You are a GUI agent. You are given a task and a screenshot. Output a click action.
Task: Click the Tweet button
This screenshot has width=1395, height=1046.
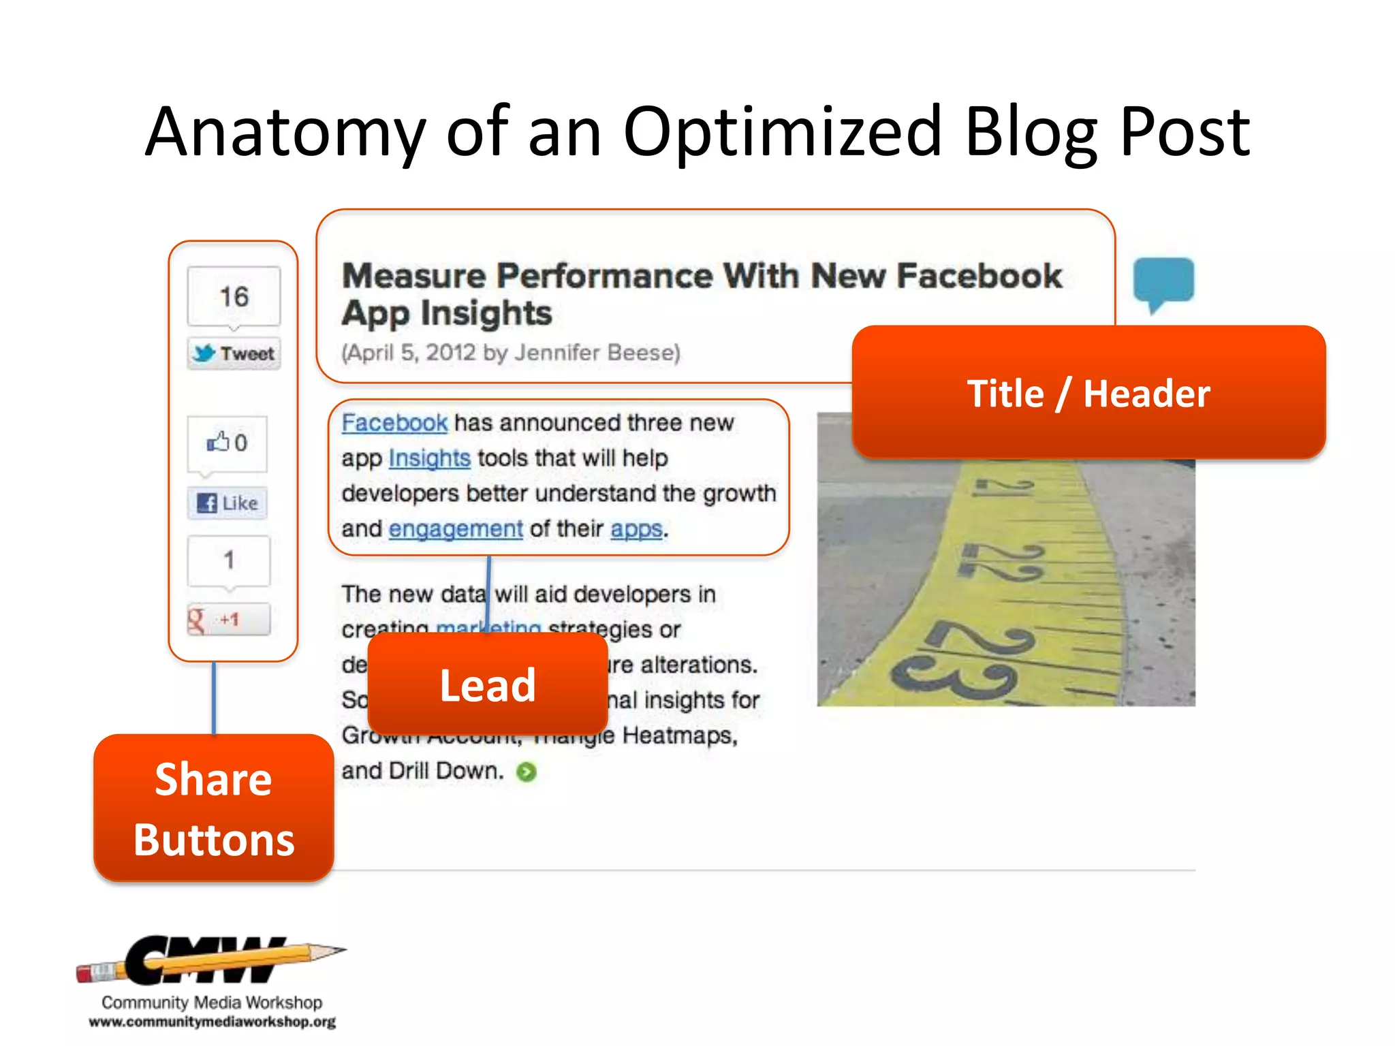(234, 353)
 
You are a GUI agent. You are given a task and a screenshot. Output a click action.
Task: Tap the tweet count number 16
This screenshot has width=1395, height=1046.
(234, 296)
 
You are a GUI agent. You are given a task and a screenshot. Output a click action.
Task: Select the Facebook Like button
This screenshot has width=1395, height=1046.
(228, 503)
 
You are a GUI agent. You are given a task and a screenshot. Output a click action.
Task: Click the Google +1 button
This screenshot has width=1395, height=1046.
(228, 620)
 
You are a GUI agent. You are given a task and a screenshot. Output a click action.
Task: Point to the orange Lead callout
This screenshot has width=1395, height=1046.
(488, 684)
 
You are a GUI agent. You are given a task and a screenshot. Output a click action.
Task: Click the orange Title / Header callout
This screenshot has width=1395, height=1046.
(1088, 393)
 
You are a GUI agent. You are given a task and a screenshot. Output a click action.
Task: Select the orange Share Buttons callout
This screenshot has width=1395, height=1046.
(214, 808)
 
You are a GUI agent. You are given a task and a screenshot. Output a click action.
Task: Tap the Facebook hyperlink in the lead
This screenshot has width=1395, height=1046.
(394, 423)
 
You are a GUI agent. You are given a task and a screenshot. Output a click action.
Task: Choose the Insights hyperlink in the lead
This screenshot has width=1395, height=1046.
(429, 458)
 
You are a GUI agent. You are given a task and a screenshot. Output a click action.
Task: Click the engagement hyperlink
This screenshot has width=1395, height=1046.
(456, 529)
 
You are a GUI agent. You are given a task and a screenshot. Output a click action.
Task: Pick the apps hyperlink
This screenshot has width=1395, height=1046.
(636, 529)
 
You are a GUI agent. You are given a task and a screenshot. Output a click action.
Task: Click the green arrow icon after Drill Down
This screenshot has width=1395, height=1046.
(527, 772)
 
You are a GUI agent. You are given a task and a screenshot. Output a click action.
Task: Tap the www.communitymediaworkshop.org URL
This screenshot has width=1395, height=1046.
(212, 1022)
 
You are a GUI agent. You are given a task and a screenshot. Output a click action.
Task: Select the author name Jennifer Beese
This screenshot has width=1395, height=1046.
(596, 353)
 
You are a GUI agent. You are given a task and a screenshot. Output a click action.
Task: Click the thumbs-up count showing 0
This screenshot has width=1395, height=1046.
(240, 443)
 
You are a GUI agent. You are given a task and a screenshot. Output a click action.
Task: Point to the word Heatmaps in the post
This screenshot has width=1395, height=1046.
(679, 735)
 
